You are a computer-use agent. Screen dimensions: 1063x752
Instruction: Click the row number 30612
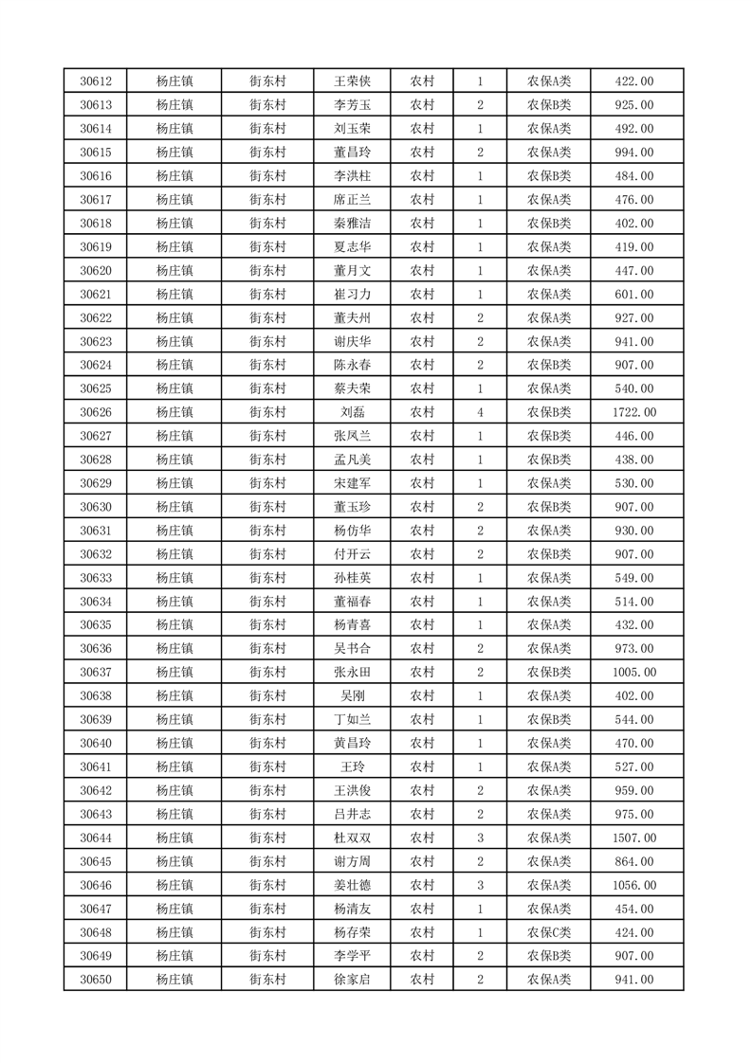96,81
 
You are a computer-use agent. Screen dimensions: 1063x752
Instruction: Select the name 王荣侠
352,81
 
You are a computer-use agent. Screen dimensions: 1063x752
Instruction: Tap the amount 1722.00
636,412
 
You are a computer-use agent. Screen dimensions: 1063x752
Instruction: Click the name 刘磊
352,412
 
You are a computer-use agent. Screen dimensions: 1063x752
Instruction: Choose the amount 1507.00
636,838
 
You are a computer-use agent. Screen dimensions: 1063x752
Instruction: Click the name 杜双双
352,838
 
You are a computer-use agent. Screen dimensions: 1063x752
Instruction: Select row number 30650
96,980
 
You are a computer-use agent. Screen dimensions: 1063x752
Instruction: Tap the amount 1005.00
636,673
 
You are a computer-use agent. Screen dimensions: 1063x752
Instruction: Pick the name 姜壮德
352,885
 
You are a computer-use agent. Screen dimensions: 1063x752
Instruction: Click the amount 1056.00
636,885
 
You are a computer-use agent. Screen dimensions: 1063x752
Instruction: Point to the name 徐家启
352,980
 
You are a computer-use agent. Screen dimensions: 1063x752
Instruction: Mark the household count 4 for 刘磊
481,412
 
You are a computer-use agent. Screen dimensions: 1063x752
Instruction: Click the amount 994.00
636,153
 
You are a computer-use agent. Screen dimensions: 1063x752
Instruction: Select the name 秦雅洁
352,224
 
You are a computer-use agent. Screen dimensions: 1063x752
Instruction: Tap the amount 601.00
636,295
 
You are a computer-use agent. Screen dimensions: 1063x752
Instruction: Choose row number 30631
96,531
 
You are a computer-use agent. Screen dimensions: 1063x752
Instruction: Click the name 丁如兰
352,720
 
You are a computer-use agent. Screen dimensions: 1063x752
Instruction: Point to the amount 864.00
636,861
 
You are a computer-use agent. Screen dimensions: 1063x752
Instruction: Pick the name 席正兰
352,200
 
